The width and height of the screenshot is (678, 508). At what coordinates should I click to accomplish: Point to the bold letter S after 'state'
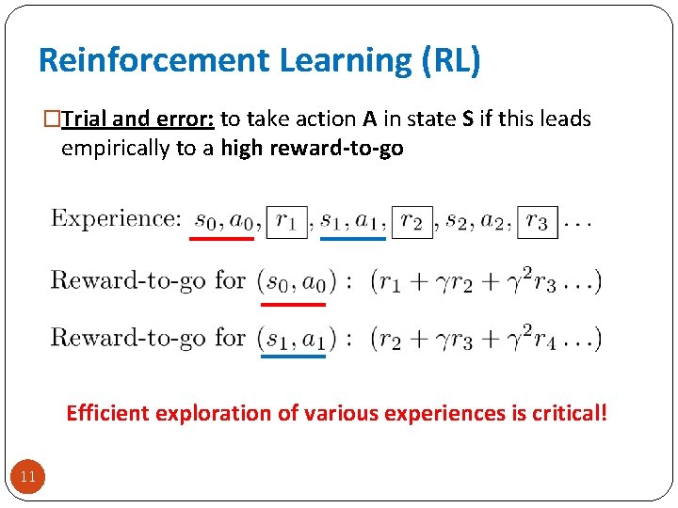point(468,119)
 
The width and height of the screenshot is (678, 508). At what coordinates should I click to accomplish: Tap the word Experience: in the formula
point(116,219)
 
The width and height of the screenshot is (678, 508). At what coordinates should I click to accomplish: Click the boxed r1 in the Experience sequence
point(286,222)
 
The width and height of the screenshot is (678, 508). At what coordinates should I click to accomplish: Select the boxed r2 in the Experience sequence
point(412,222)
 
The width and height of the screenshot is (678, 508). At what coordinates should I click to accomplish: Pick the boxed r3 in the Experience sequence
point(537,222)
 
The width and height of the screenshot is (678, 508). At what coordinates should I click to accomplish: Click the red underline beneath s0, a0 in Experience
point(221,239)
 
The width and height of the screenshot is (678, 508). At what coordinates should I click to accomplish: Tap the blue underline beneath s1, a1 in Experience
point(353,239)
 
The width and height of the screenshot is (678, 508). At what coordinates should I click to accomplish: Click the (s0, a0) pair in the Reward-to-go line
point(293,281)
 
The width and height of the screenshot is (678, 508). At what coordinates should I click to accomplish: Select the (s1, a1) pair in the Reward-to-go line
point(293,338)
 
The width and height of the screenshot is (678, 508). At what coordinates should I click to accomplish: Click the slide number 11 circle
point(28,477)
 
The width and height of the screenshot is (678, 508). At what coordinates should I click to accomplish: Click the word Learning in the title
point(343,60)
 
